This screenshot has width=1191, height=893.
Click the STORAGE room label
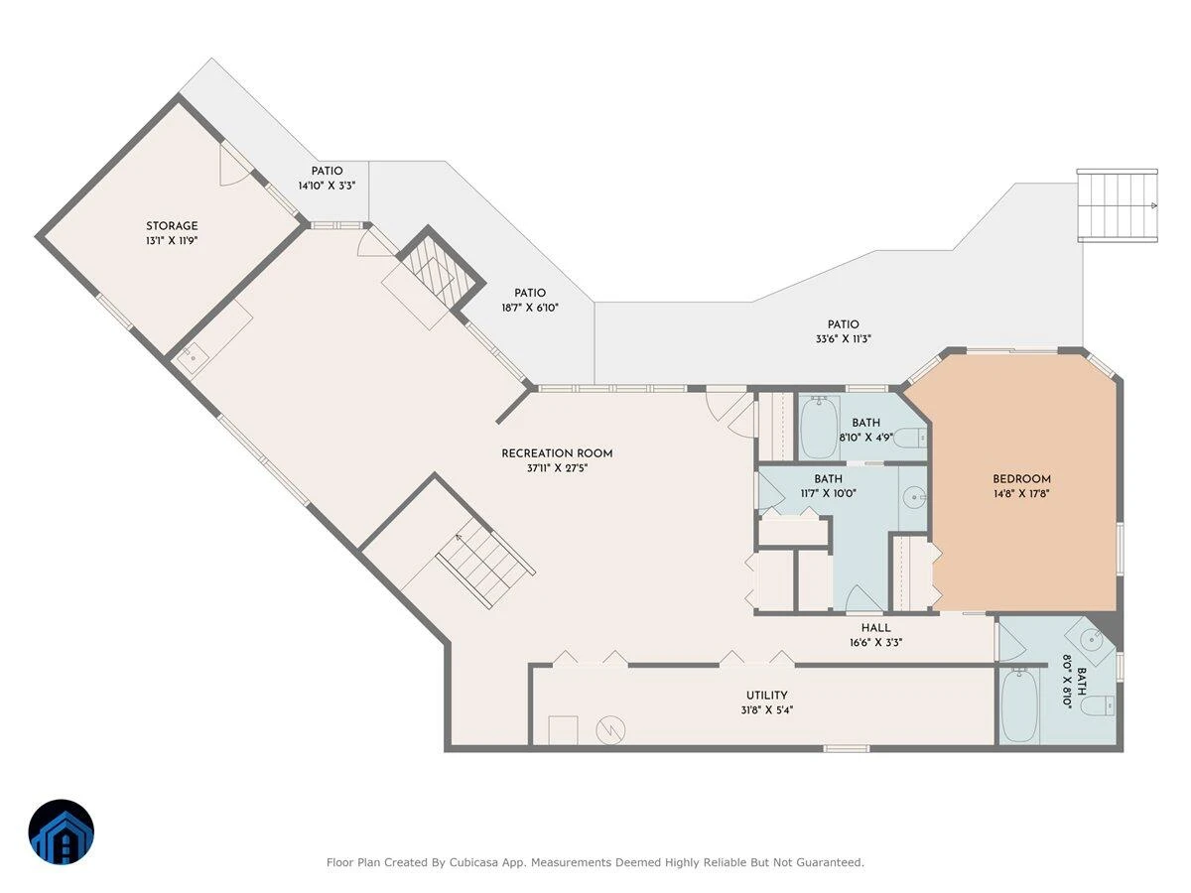coord(172,226)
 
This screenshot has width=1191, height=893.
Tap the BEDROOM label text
coord(1021,479)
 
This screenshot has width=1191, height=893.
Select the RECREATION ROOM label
coord(557,453)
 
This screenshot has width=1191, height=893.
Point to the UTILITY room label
coord(766,696)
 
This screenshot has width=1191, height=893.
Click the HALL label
coord(875,628)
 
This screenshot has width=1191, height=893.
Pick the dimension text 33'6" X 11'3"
coord(844,339)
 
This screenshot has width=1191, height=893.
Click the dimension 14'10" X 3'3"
coord(327,186)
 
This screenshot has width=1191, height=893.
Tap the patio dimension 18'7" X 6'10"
coord(530,308)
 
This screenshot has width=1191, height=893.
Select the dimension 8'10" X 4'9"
coord(866,437)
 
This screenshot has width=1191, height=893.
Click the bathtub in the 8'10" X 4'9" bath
coord(820,428)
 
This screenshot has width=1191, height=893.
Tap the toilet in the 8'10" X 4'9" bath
coord(909,438)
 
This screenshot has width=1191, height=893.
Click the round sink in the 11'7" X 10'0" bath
coord(915,497)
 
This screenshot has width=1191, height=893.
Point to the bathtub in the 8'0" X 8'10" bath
coord(1019,705)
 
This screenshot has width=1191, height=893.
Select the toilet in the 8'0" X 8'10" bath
coord(1098,705)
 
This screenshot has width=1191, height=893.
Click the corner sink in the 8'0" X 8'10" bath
coord(1090,641)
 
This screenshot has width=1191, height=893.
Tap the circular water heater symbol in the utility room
coord(610,730)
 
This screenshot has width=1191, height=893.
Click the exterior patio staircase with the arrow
coord(1118,205)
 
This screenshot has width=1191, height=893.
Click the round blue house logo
coord(62,831)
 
